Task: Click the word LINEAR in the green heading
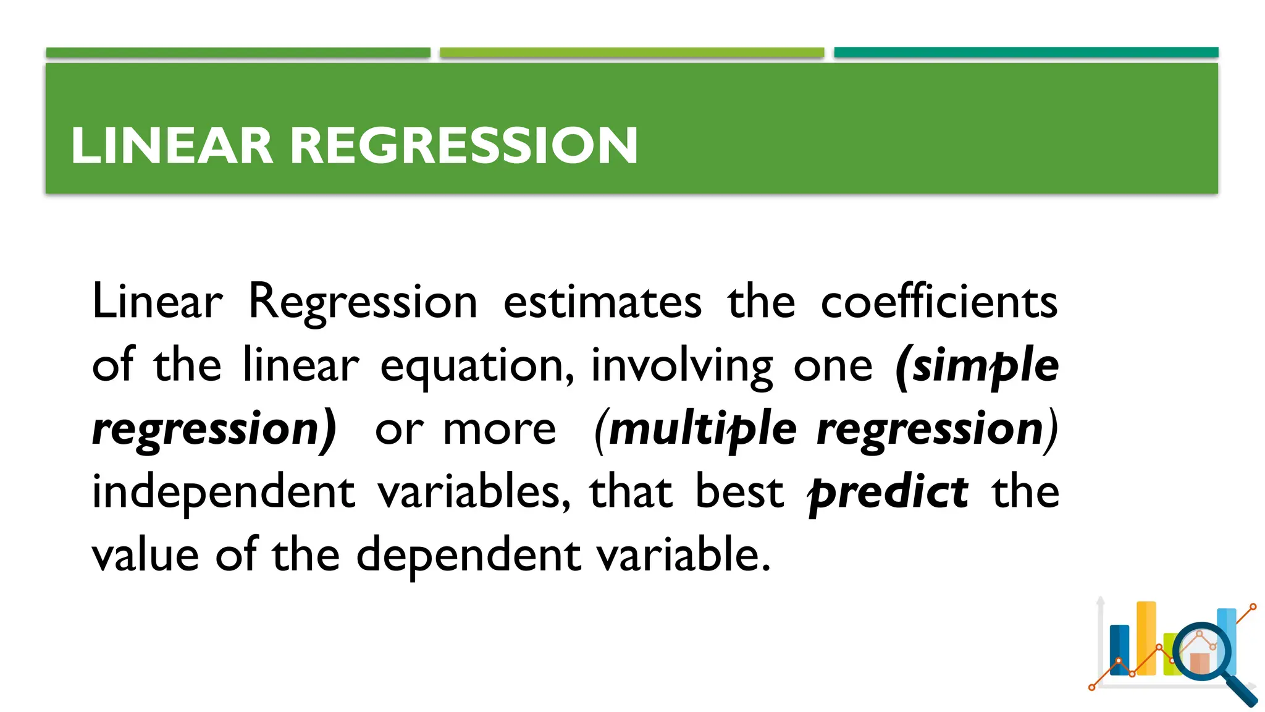tap(172, 146)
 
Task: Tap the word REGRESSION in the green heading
tap(463, 146)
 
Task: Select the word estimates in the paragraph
tap(602, 302)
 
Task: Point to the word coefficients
tap(939, 302)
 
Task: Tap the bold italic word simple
tap(985, 367)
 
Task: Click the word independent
tap(224, 493)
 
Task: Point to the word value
tap(145, 555)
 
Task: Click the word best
tap(739, 493)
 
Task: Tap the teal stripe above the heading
tap(1026, 53)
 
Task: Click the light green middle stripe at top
tap(632, 53)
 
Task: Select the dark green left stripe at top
tap(238, 53)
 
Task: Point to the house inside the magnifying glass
tap(1200, 660)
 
